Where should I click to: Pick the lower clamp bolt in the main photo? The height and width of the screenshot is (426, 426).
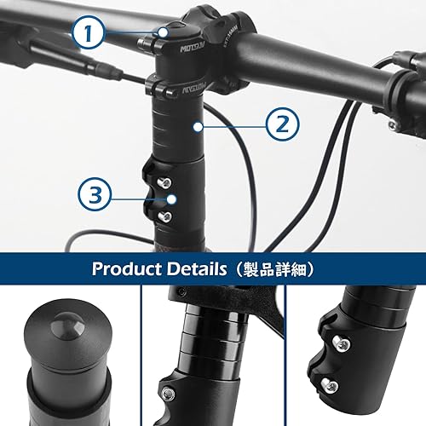(164, 216)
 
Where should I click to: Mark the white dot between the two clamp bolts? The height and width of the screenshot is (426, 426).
(171, 199)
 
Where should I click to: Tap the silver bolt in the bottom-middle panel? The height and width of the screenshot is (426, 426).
(170, 394)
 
